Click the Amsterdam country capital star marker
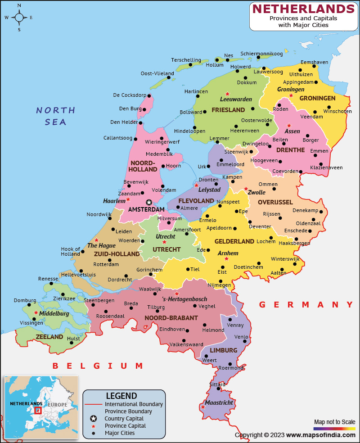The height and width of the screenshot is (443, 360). point(149,202)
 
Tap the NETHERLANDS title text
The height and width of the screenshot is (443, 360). point(303,9)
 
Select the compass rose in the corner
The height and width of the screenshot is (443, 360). point(19,18)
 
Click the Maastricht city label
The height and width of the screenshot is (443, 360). point(219,402)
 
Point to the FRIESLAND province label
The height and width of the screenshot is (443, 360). point(228,110)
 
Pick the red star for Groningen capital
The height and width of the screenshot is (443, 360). point(291,95)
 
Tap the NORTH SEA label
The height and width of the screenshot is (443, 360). point(56,116)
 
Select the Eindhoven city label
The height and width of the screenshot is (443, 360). point(172,329)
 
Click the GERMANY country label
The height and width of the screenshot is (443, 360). point(306,305)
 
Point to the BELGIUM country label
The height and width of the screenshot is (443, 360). point(98,366)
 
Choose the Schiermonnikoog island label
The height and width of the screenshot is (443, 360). point(261,54)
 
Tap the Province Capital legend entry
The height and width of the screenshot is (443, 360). point(125,426)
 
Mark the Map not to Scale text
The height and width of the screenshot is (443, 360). point(334,422)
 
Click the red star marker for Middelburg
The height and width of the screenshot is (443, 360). point(36,312)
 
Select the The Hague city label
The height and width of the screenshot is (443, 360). point(101,246)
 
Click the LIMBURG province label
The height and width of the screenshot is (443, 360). point(223,350)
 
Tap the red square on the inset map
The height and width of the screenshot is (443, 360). point(38,410)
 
